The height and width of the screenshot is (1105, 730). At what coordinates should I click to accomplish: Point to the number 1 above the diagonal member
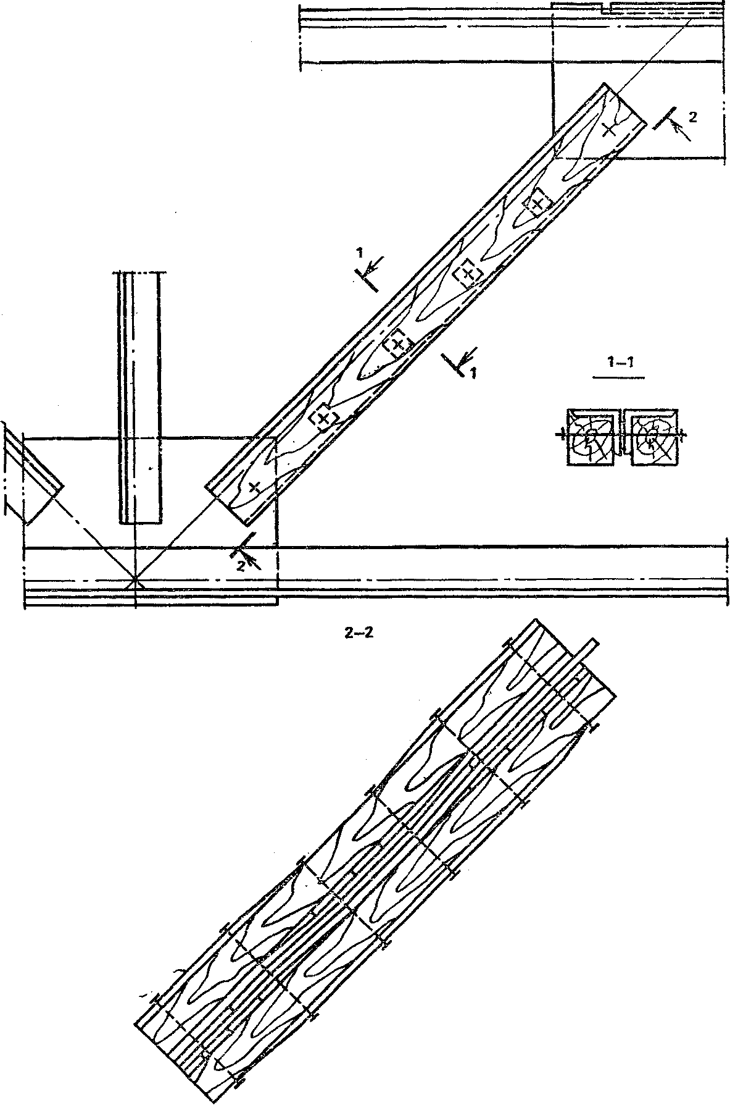tap(358, 253)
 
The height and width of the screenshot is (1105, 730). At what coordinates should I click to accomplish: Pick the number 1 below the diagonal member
tap(473, 372)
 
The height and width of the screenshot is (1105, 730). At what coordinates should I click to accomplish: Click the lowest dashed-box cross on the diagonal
tap(323, 418)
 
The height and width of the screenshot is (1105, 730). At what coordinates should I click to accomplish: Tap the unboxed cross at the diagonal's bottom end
tap(253, 487)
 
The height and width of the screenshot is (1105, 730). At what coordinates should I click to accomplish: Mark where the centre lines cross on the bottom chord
tap(135, 581)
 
